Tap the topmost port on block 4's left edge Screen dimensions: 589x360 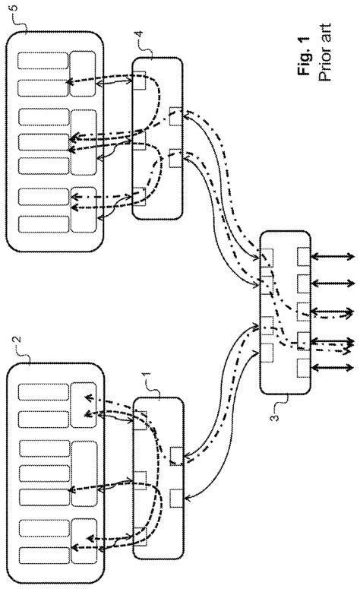coord(139,76)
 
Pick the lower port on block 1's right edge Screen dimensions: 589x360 coord(175,497)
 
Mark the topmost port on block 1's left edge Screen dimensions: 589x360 coord(140,416)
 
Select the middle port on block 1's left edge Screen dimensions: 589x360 coord(140,477)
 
